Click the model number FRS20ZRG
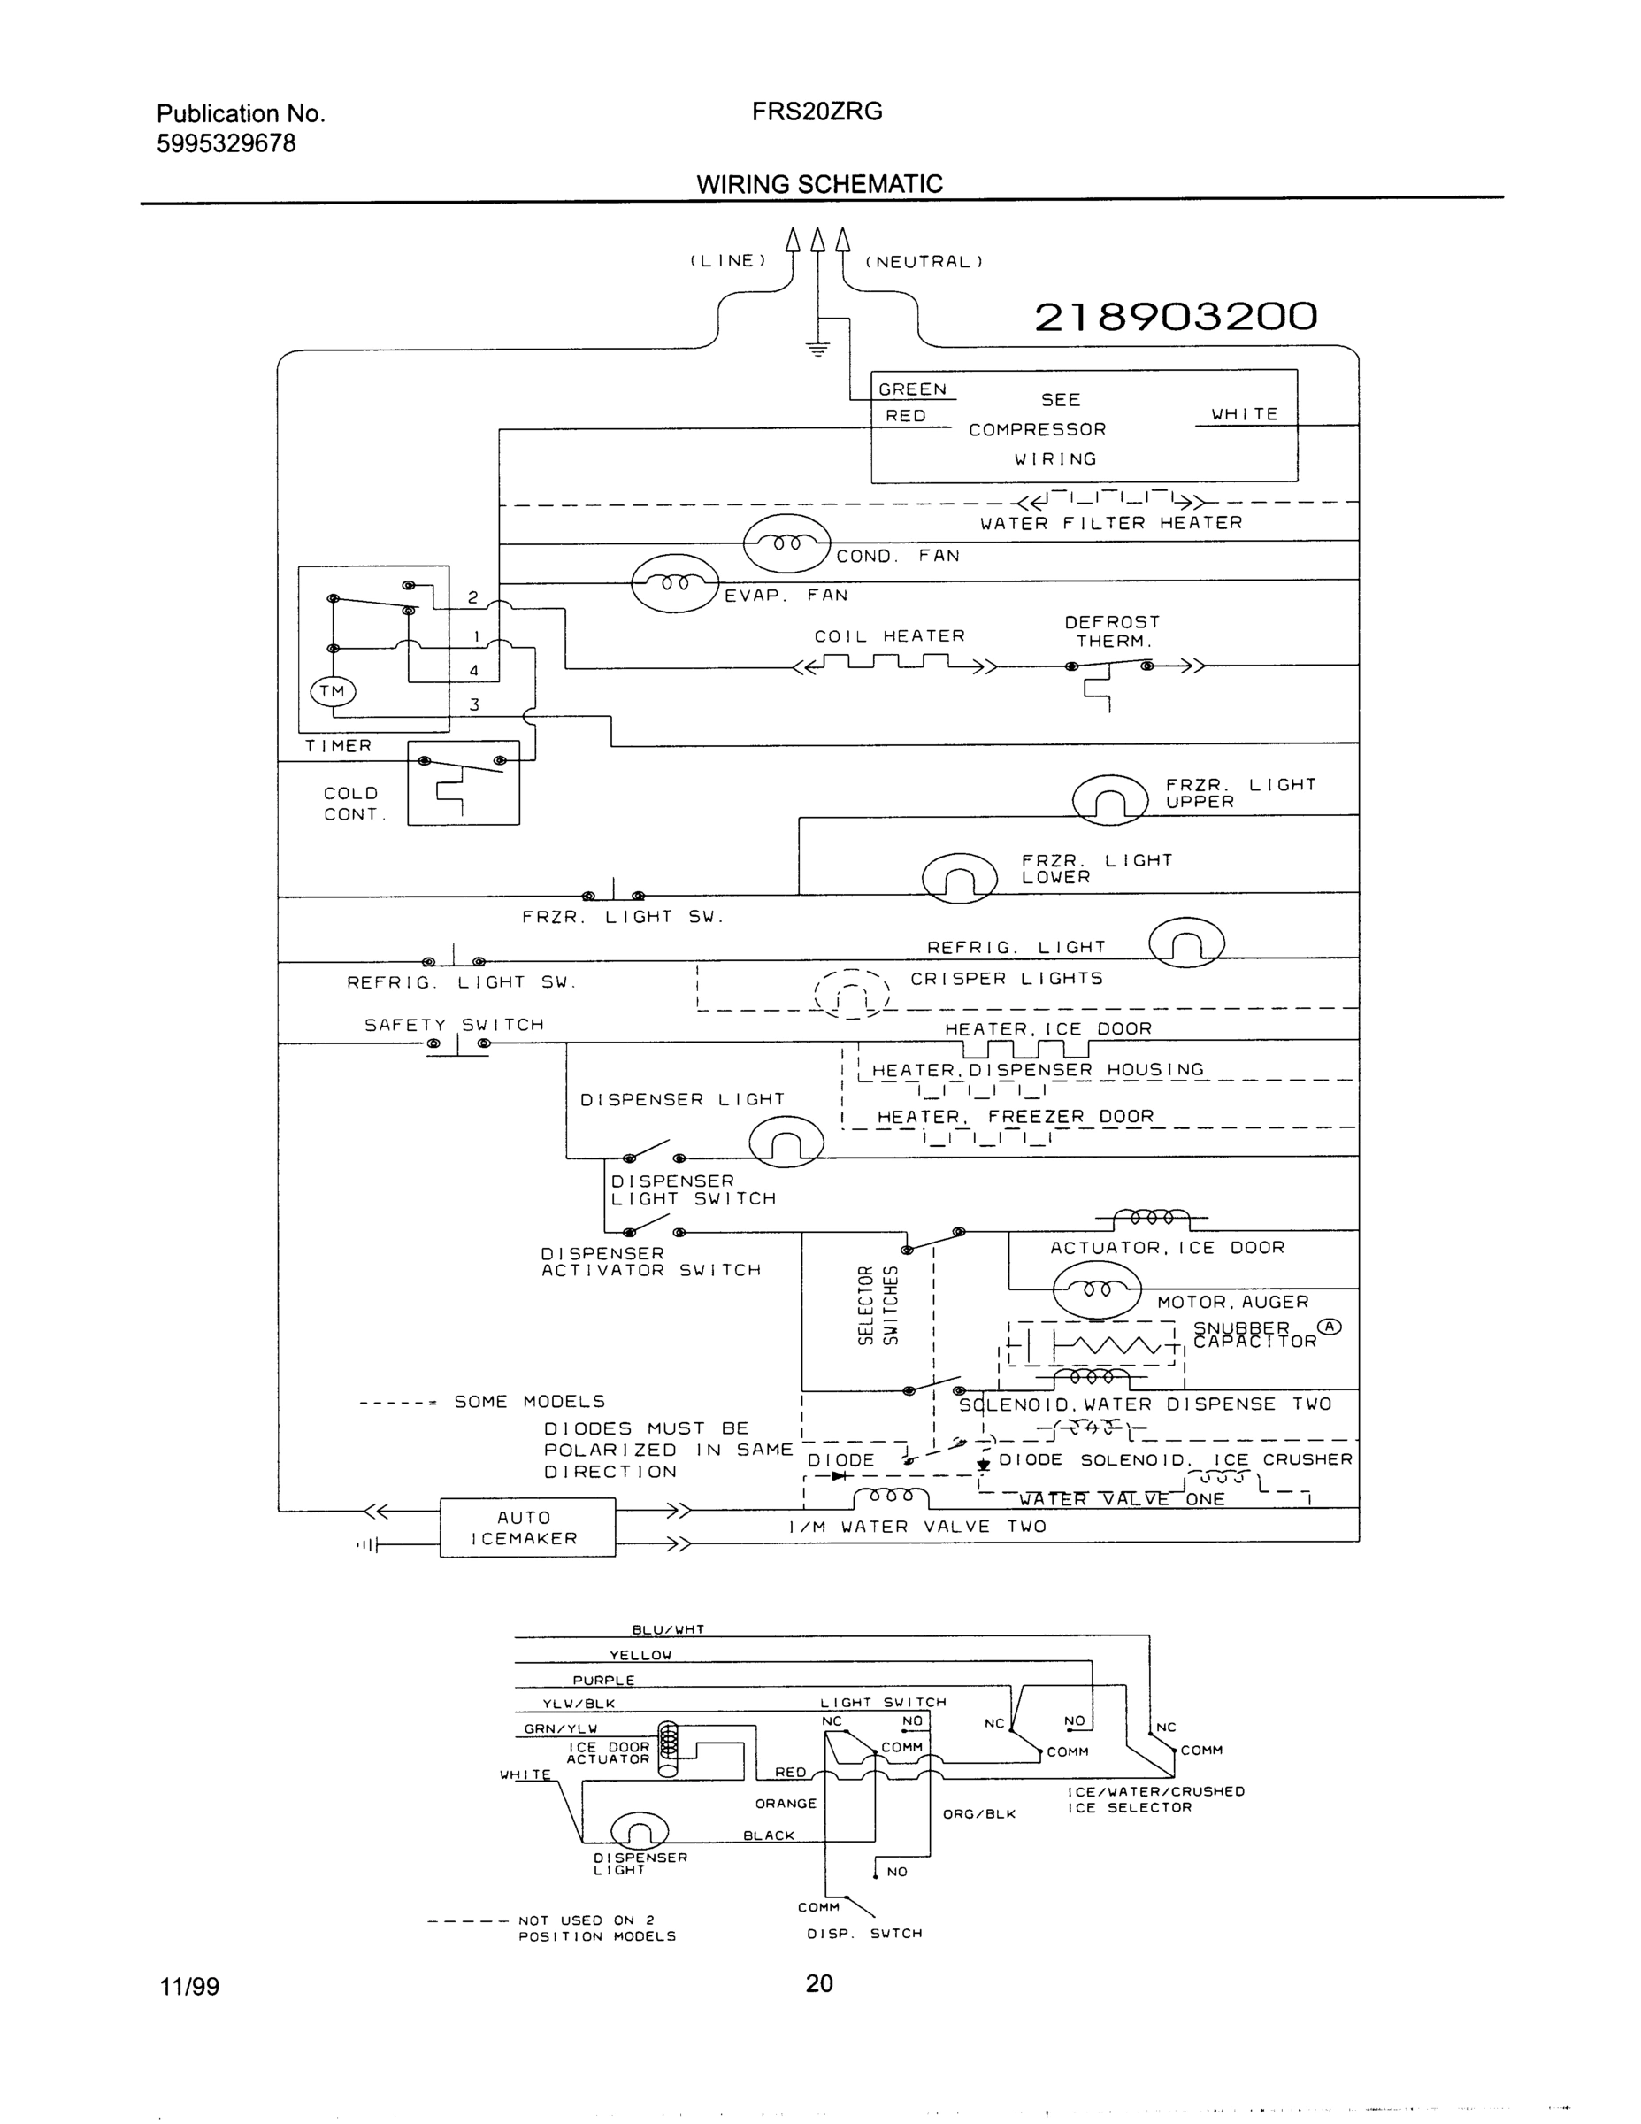click(817, 112)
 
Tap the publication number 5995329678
click(226, 144)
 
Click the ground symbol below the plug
click(818, 350)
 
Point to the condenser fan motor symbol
click(786, 543)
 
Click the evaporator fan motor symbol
click(675, 583)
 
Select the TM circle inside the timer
click(333, 691)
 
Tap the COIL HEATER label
click(890, 636)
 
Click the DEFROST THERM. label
click(1112, 631)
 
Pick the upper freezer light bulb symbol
click(1110, 800)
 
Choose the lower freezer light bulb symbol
click(960, 878)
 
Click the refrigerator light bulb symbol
click(1186, 943)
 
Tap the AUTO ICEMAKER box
click(527, 1528)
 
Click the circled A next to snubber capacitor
click(1329, 1327)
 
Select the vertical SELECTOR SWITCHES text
click(877, 1306)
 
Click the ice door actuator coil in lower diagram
click(668, 1750)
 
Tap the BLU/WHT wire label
click(668, 1630)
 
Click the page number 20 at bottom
click(818, 1982)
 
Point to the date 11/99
click(189, 1986)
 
